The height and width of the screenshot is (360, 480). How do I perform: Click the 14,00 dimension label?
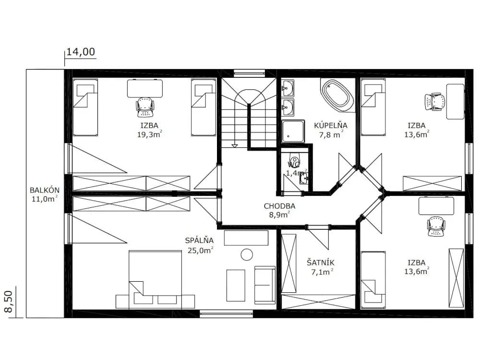click(81, 52)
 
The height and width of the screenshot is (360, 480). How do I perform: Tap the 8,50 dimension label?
click(9, 301)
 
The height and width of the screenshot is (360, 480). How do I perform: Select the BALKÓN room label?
click(45, 190)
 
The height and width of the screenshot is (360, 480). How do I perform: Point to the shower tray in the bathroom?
click(293, 131)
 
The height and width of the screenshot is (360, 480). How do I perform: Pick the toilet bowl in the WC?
click(294, 160)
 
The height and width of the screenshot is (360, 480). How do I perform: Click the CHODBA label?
click(279, 206)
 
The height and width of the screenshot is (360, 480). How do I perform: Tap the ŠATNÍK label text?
click(321, 263)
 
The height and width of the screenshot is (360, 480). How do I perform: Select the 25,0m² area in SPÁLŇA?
click(201, 250)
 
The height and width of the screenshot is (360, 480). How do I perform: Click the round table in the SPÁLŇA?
click(247, 255)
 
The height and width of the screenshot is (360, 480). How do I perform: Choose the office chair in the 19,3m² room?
click(145, 108)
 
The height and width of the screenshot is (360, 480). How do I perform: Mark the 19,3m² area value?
click(149, 134)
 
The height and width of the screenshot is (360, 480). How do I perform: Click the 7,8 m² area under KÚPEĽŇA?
click(331, 134)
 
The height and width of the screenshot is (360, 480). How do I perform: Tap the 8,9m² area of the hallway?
click(279, 215)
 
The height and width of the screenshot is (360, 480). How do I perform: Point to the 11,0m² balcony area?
click(45, 199)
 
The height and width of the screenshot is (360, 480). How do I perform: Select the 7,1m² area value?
click(322, 272)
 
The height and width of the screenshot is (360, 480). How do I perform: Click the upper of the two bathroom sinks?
click(288, 88)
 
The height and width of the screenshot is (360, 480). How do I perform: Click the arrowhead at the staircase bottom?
click(235, 146)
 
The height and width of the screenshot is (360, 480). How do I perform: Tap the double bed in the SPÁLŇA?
click(155, 279)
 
